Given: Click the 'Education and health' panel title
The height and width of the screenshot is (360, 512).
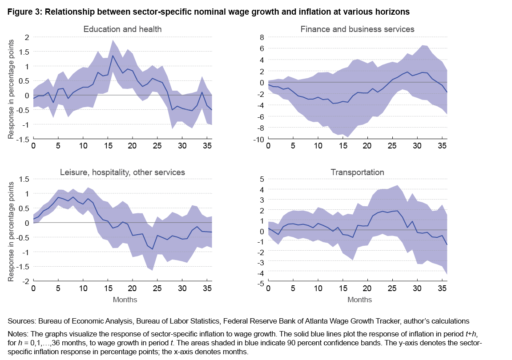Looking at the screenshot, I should (122, 29).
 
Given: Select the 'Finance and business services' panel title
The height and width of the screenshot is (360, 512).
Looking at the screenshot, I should (358, 29).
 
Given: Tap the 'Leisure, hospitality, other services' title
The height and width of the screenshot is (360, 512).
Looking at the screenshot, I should (122, 172).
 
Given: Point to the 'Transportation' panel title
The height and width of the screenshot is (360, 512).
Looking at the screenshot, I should (358, 172).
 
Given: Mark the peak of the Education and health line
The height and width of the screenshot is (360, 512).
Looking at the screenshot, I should (113, 56).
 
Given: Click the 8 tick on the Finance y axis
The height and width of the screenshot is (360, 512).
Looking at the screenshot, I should (262, 37).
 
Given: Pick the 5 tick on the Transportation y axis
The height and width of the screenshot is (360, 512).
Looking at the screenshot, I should (262, 179).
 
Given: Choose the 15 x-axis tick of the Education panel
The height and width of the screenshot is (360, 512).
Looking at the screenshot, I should (108, 146).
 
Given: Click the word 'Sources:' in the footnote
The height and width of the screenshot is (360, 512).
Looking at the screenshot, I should (21, 320).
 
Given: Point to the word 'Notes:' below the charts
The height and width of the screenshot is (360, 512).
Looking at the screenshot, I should (18, 332).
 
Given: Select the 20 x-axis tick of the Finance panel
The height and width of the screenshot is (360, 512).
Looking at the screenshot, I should (367, 146).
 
